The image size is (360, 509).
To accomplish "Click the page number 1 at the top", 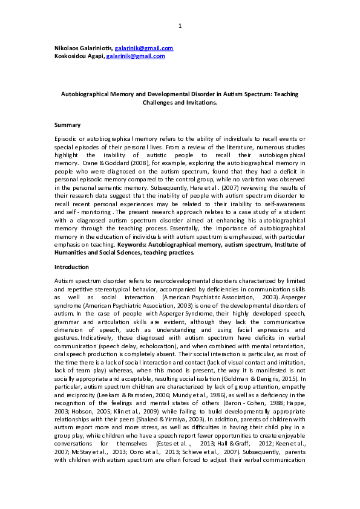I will tap(180, 26).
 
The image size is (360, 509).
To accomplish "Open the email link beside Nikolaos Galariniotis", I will tap(145, 48).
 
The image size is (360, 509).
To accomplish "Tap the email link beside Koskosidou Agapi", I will tap(136, 56).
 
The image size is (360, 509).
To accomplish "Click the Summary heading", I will tap(67, 125).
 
